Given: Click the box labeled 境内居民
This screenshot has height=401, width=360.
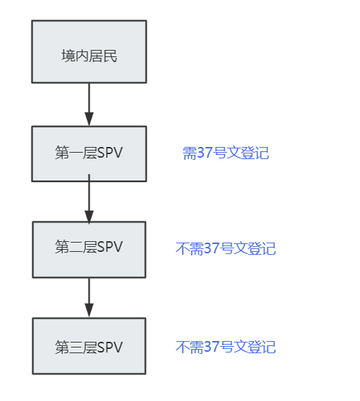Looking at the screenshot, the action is [x=89, y=51].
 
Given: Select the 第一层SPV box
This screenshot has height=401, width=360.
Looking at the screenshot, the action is [x=89, y=153].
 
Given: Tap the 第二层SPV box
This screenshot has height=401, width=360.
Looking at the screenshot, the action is [x=89, y=250].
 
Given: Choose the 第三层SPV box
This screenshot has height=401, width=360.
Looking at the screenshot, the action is [x=89, y=346].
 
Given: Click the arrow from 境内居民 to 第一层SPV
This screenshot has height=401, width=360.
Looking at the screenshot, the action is [x=89, y=104].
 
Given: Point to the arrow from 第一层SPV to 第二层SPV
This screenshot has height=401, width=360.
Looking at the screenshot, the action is [x=89, y=199].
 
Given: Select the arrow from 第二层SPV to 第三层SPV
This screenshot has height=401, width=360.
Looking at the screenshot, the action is [x=89, y=298].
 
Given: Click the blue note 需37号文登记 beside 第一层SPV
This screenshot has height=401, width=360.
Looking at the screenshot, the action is [x=225, y=153].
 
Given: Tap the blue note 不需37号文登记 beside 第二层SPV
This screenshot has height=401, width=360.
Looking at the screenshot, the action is [x=225, y=248].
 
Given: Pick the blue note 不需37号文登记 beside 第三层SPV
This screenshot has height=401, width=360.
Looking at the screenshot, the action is [x=225, y=347].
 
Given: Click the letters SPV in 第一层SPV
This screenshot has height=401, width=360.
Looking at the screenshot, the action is [x=110, y=153].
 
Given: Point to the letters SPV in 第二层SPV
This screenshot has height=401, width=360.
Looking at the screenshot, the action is [x=110, y=247].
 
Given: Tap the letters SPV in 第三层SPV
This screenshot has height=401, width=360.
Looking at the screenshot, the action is [x=110, y=347].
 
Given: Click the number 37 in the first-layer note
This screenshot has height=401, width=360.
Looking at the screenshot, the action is [x=205, y=153].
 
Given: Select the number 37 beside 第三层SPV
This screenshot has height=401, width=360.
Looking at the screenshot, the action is [x=212, y=347].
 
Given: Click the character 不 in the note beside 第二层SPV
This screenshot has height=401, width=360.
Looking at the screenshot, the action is [x=182, y=248].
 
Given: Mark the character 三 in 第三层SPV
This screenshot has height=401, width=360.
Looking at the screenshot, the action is [x=76, y=347].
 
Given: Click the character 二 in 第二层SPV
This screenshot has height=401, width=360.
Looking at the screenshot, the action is [x=76, y=248].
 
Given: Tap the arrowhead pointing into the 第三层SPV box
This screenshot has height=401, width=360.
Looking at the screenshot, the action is [x=89, y=310].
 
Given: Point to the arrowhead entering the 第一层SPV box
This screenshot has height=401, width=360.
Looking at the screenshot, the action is [x=89, y=119].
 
